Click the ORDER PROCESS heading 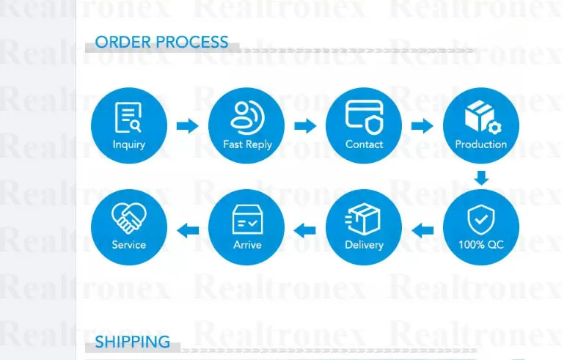(x=161, y=42)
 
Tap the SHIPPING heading (x=132, y=342)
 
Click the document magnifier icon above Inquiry (x=128, y=118)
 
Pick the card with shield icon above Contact (x=364, y=117)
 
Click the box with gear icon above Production (x=480, y=117)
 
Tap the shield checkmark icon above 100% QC (x=480, y=218)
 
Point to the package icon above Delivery (x=364, y=218)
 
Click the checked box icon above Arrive (x=247, y=218)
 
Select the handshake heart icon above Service (x=128, y=218)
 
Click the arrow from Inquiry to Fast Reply (x=188, y=125)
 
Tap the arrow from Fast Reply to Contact (x=305, y=125)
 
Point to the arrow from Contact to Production (x=422, y=125)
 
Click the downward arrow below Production (x=480, y=177)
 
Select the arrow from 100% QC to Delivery (x=422, y=231)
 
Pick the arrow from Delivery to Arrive (x=305, y=231)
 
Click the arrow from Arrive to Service (x=189, y=231)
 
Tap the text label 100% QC (x=480, y=245)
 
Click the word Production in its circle (x=480, y=144)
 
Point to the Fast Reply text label (x=247, y=144)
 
